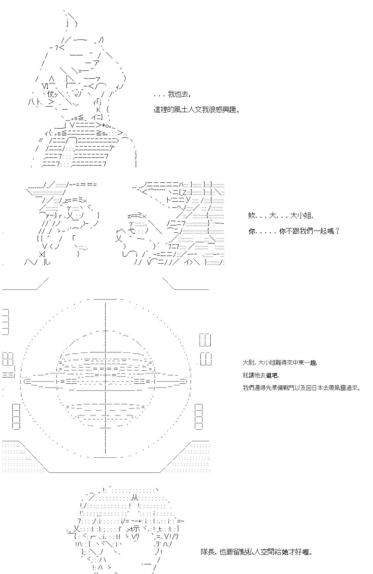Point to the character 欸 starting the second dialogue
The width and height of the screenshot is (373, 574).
click(x=252, y=216)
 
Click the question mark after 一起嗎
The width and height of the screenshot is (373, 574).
click(x=337, y=231)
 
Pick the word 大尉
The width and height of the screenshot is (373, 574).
click(x=247, y=363)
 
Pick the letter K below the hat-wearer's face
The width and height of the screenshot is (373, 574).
click(x=98, y=109)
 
